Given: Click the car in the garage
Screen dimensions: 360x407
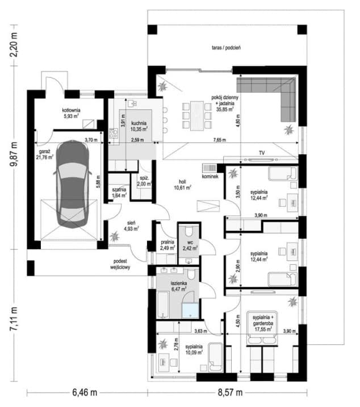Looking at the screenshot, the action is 72,185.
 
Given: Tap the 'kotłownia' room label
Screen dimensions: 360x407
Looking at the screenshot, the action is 71,110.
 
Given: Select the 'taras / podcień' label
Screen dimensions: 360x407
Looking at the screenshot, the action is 226,48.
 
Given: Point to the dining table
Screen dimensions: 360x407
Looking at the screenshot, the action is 197,116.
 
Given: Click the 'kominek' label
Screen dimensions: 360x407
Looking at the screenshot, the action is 210,177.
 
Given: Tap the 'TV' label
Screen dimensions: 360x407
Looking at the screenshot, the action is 262,153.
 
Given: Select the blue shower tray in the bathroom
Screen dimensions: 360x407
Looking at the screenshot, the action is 190,311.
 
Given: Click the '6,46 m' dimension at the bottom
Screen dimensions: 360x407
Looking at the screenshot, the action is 85,392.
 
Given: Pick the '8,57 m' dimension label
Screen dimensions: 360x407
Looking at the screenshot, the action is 230,392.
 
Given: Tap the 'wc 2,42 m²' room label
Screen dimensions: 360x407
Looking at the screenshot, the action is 190,246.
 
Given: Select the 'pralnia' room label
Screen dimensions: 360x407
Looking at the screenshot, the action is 168,242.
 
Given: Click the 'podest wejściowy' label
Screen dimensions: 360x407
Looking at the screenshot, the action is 120,264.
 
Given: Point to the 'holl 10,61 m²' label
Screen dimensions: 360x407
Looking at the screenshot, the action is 182,185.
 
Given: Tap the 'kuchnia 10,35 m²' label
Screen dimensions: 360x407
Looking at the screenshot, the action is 139,126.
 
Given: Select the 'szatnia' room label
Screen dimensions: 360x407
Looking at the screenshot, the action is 119,189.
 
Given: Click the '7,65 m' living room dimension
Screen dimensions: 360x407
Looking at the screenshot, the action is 219,140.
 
